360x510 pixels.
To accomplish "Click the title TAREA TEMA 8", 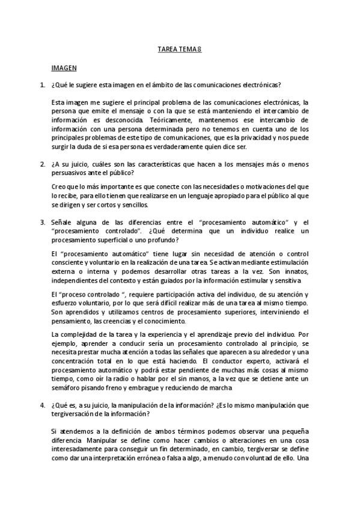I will tap(179, 50).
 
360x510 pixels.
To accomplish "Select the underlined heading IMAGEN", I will tap(63, 69).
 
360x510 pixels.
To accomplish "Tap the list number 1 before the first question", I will tap(42, 85).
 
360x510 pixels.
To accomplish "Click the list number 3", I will tap(42, 223).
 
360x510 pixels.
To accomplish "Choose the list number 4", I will tap(42, 405).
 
